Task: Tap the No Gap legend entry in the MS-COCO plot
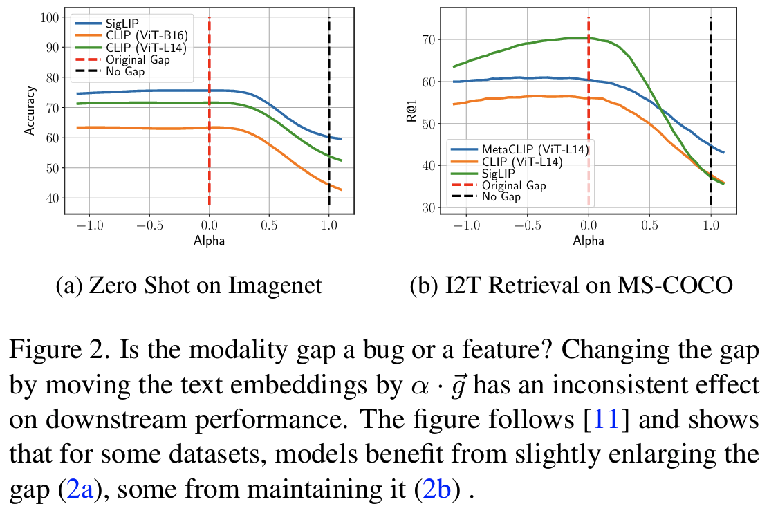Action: coord(501,197)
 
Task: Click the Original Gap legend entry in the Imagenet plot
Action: coord(138,59)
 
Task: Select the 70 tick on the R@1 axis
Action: coord(427,40)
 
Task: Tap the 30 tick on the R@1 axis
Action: coord(427,207)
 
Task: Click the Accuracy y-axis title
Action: coord(30,111)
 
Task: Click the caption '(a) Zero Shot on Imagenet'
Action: coord(189,285)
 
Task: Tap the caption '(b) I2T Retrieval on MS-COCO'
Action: coord(571,285)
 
